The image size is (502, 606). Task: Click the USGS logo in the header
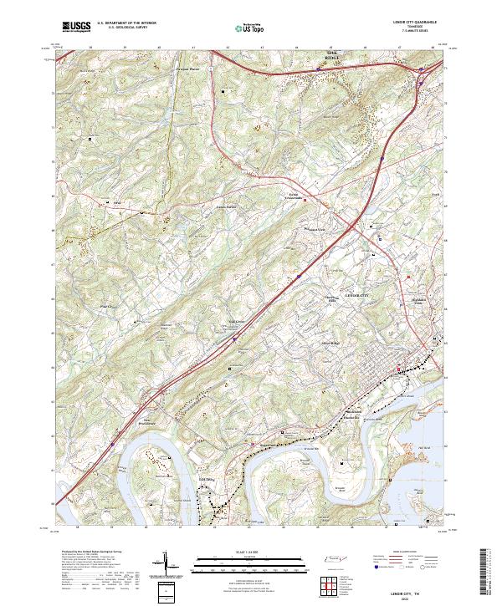click(x=76, y=27)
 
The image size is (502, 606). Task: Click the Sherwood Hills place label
click(x=335, y=303)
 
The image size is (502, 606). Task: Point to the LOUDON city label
click(x=215, y=479)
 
